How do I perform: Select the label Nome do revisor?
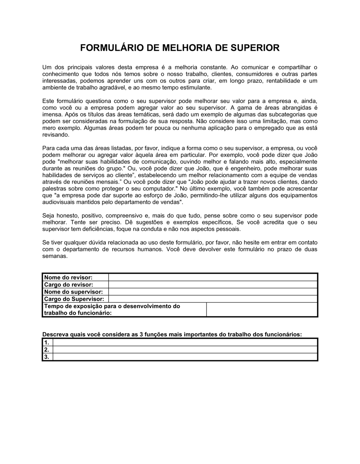click(68, 277)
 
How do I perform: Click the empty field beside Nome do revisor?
click(212, 277)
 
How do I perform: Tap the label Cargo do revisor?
click(68, 285)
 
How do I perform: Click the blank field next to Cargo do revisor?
click(212, 285)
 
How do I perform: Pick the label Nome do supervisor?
click(73, 292)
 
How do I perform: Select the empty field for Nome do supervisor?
click(212, 292)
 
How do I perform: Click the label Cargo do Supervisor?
click(74, 299)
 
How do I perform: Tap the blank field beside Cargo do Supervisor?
click(212, 299)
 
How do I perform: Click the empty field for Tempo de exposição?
click(262, 309)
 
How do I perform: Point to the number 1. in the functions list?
click(46, 342)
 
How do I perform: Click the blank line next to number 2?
click(185, 350)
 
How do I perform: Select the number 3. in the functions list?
click(46, 357)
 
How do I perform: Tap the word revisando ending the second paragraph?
click(55, 135)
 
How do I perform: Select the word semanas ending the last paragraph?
click(55, 256)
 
